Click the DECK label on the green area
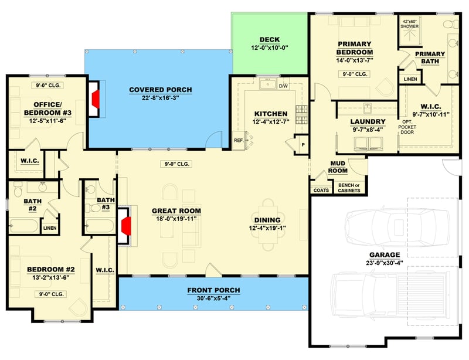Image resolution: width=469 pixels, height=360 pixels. [270, 40]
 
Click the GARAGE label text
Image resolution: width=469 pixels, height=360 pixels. [385, 254]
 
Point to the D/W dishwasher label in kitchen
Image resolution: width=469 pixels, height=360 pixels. [283, 86]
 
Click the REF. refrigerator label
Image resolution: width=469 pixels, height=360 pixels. [239, 140]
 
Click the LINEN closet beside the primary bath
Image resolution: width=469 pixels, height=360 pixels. [409, 79]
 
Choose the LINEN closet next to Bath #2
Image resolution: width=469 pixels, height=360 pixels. [50, 227]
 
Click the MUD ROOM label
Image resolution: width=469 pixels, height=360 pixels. [338, 167]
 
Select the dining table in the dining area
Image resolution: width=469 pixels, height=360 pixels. [270, 222]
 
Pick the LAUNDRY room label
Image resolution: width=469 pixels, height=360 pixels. [367, 121]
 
